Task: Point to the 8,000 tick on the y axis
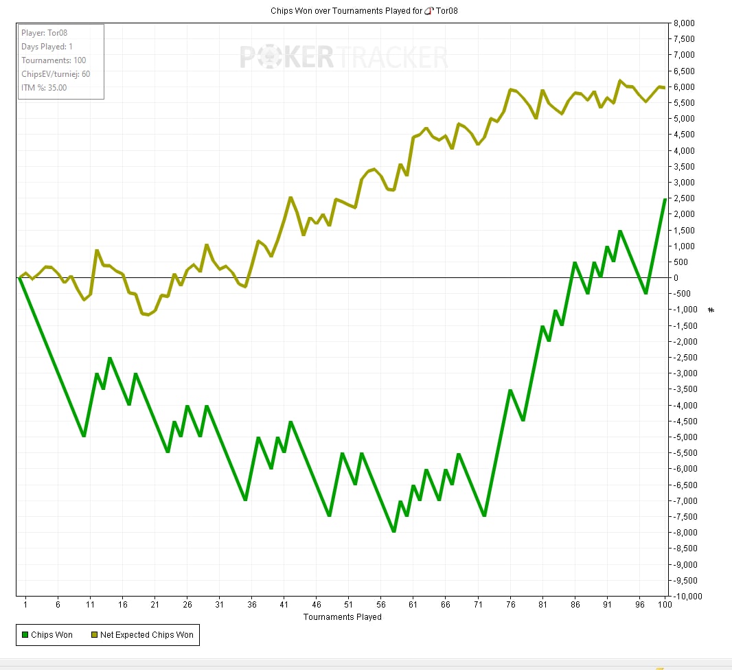685,23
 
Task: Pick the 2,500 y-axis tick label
685,198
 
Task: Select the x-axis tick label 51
348,605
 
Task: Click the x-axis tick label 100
664,605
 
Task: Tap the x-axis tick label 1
25,605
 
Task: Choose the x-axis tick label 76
510,605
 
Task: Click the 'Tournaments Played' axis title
342,616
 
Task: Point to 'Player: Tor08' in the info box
44,32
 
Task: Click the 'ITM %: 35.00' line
44,87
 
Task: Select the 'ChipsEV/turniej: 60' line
56,73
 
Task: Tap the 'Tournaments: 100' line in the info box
54,60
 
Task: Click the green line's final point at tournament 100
665,199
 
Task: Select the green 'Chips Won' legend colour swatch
25,635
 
